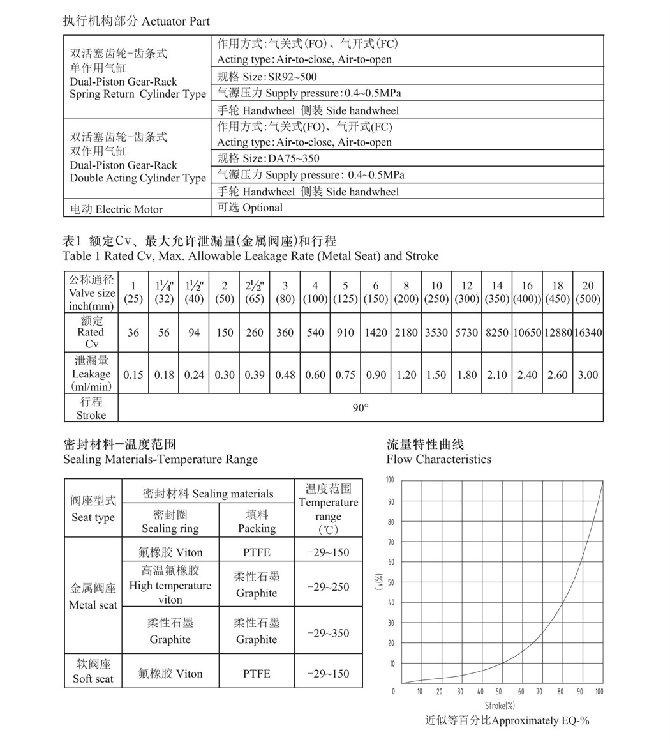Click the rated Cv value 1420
pos(376,332)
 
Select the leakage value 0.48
pos(285,375)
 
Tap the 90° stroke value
pos(361,407)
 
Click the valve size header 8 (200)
pos(406,292)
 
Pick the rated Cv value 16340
pos(588,332)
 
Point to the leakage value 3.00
pos(588,375)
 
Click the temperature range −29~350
pos(328,633)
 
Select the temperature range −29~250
pos(328,587)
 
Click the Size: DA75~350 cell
pos(268,158)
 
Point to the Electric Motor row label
pos(116,209)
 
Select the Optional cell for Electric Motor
pos(250,208)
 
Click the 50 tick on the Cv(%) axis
pos(391,582)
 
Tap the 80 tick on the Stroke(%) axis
pos(560,692)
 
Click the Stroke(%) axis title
pos(500,706)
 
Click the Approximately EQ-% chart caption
pos(507,720)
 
